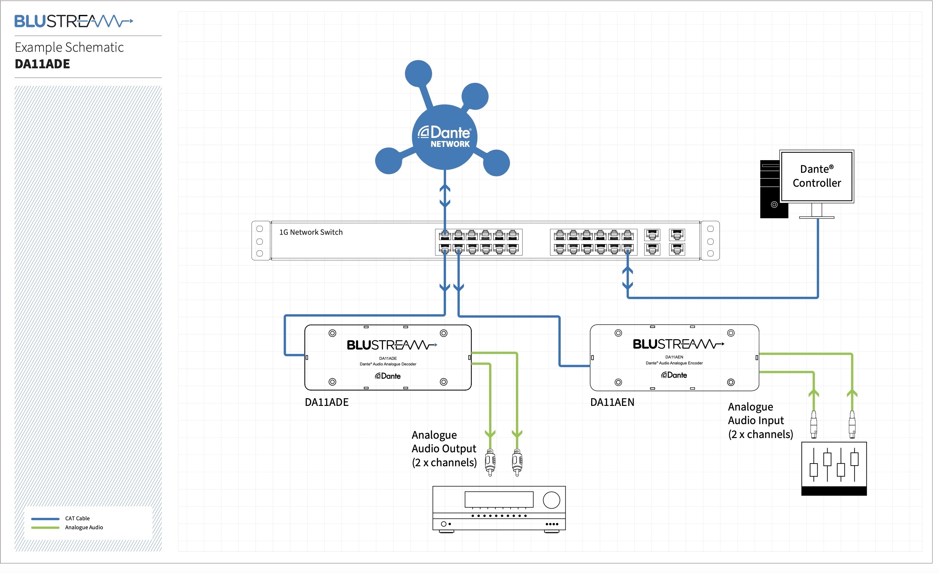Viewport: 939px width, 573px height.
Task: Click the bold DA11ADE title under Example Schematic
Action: click(42, 64)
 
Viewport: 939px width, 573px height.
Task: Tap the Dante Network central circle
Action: click(444, 137)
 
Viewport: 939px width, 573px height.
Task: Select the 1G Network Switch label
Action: click(311, 232)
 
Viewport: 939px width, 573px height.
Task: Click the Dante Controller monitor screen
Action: click(816, 176)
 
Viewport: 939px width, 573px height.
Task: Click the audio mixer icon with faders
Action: click(834, 468)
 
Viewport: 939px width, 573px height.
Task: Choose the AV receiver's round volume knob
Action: click(551, 500)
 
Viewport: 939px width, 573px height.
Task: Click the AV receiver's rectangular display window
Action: click(498, 499)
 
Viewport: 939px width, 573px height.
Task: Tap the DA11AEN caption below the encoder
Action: click(612, 402)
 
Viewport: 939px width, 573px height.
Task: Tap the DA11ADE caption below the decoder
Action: click(327, 402)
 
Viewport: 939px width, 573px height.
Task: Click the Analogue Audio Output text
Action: click(444, 449)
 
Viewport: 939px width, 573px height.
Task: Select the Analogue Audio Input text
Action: click(760, 420)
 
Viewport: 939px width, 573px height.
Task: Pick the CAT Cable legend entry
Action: click(77, 519)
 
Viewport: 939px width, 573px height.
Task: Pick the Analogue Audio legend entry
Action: click(84, 528)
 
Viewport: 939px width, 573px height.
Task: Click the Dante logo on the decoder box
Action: click(388, 376)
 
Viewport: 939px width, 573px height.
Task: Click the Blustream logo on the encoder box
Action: click(678, 344)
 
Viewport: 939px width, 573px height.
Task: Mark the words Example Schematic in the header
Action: click(69, 47)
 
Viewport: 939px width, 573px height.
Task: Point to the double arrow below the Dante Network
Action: click(445, 196)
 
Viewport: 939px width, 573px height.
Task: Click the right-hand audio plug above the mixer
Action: click(852, 424)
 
